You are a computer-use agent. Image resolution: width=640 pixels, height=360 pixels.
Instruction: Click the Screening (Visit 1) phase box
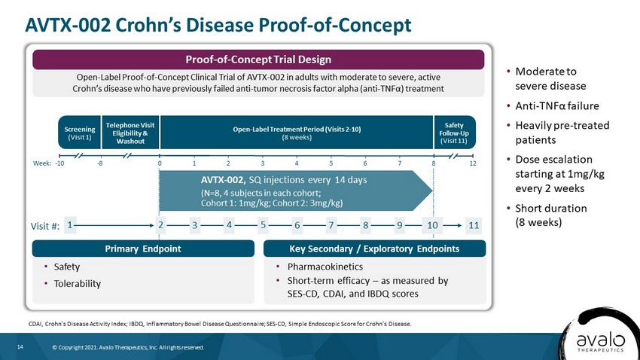coord(80,133)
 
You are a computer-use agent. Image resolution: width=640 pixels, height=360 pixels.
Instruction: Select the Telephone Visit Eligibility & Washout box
coord(130,133)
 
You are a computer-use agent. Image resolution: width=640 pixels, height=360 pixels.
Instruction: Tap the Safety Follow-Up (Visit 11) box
coord(454,133)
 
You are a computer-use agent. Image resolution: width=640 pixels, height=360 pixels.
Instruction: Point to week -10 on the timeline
coord(59,163)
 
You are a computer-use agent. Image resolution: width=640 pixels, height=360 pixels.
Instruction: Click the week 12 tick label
coord(473,163)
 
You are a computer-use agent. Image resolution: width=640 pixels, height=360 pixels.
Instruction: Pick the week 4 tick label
coord(297,163)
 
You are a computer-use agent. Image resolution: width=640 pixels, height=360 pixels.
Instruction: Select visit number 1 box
coord(70,225)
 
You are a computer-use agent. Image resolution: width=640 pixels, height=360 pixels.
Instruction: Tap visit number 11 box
coord(474,225)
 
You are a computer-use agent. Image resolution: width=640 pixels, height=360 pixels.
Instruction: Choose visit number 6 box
coord(297,225)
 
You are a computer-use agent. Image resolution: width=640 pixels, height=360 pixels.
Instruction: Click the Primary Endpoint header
coord(143,249)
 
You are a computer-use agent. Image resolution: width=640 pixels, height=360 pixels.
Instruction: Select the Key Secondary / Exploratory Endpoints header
coord(374,249)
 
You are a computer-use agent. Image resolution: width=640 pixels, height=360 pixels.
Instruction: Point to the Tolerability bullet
coord(77,284)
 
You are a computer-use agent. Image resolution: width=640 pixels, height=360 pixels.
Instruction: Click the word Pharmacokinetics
coord(325,267)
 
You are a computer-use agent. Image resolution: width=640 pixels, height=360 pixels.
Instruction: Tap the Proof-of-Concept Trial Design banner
coord(258,59)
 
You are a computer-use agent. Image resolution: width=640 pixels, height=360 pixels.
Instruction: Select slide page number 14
coord(20,347)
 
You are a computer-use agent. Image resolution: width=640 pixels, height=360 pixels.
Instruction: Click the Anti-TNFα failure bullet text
coord(557,105)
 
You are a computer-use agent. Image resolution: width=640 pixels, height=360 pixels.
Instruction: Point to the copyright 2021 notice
coord(128,347)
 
